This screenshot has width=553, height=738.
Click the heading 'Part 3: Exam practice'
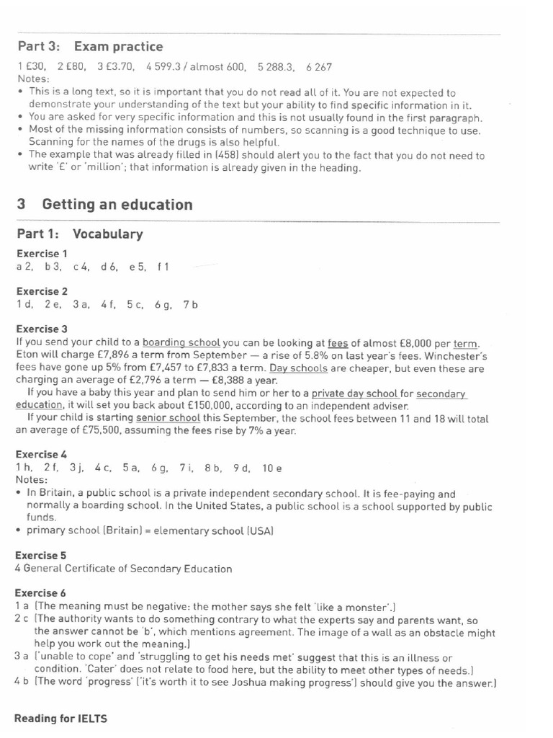point(89,47)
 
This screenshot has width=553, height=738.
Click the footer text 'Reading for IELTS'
point(60,719)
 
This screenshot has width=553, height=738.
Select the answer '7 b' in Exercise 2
point(190,305)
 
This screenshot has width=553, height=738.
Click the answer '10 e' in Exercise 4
point(272,468)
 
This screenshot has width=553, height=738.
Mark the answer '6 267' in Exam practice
point(318,67)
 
